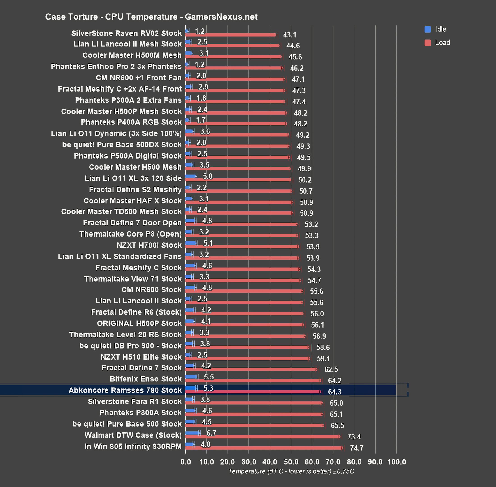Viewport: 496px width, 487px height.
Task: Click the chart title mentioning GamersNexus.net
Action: pyautogui.click(x=151, y=17)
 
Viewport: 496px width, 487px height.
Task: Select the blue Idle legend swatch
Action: pyautogui.click(x=427, y=29)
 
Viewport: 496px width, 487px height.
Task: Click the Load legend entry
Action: pyautogui.click(x=442, y=43)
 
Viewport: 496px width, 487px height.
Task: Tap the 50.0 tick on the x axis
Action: pyautogui.click(x=291, y=462)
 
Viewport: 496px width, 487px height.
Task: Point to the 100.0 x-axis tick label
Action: pyautogui.click(x=397, y=462)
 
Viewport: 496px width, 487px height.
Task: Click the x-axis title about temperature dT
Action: pyautogui.click(x=291, y=471)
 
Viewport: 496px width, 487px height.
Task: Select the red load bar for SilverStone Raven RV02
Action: pyautogui.click(x=230, y=35)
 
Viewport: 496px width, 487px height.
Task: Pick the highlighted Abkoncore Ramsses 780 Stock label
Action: pyautogui.click(x=125, y=390)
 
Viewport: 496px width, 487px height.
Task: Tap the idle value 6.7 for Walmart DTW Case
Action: pyautogui.click(x=211, y=433)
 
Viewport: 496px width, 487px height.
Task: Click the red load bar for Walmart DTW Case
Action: pyautogui.click(x=262, y=437)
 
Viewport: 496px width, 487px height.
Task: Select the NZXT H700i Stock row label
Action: pyautogui.click(x=149, y=245)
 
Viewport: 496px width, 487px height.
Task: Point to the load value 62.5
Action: pyautogui.click(x=331, y=369)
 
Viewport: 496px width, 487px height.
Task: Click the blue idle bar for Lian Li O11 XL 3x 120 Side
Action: pyautogui.click(x=191, y=176)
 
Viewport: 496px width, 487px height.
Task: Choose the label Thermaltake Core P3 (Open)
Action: pyautogui.click(x=131, y=234)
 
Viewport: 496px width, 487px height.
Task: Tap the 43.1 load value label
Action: pyautogui.click(x=289, y=35)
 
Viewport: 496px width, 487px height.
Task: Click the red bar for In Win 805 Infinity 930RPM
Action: pyautogui.click(x=264, y=448)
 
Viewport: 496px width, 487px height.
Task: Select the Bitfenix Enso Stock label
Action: pyautogui.click(x=146, y=379)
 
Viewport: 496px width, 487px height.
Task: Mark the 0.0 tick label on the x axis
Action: pyautogui.click(x=186, y=462)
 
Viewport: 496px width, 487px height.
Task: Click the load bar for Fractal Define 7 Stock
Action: pyautogui.click(x=251, y=369)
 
